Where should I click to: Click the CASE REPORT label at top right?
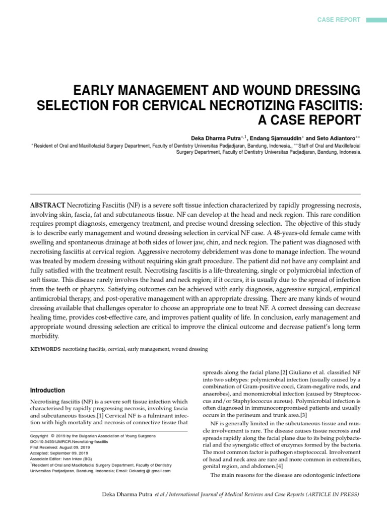click(338, 20)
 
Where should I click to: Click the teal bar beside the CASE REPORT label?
click(375, 20)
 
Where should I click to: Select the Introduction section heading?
click(48, 390)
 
